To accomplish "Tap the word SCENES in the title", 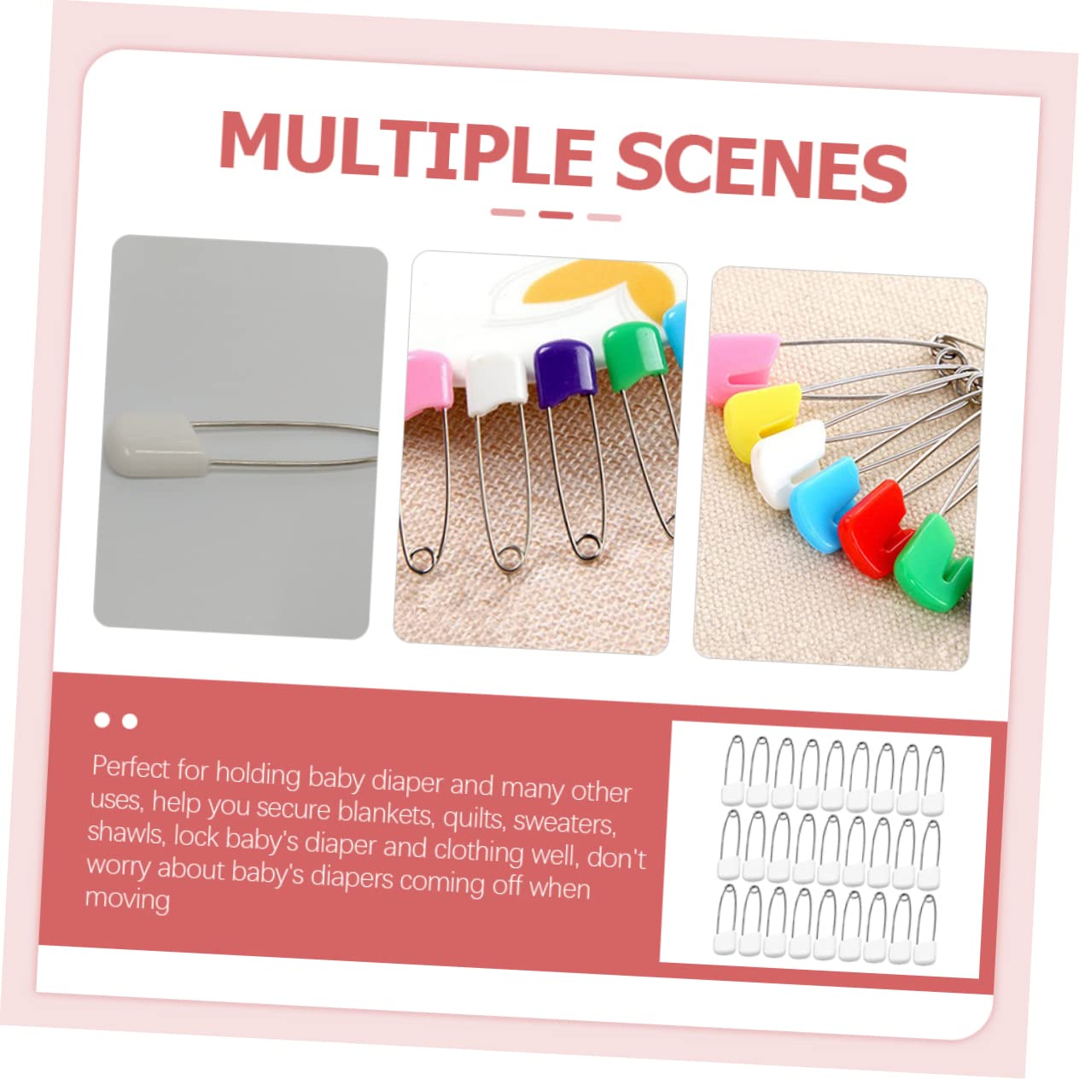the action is (x=762, y=166).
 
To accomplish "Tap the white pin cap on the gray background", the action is (x=158, y=445).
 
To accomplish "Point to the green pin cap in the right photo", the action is (x=931, y=563).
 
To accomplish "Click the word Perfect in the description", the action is (x=131, y=767).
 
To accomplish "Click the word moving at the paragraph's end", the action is (x=127, y=899).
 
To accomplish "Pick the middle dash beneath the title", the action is (x=556, y=215).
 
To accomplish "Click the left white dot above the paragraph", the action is (x=102, y=720).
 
